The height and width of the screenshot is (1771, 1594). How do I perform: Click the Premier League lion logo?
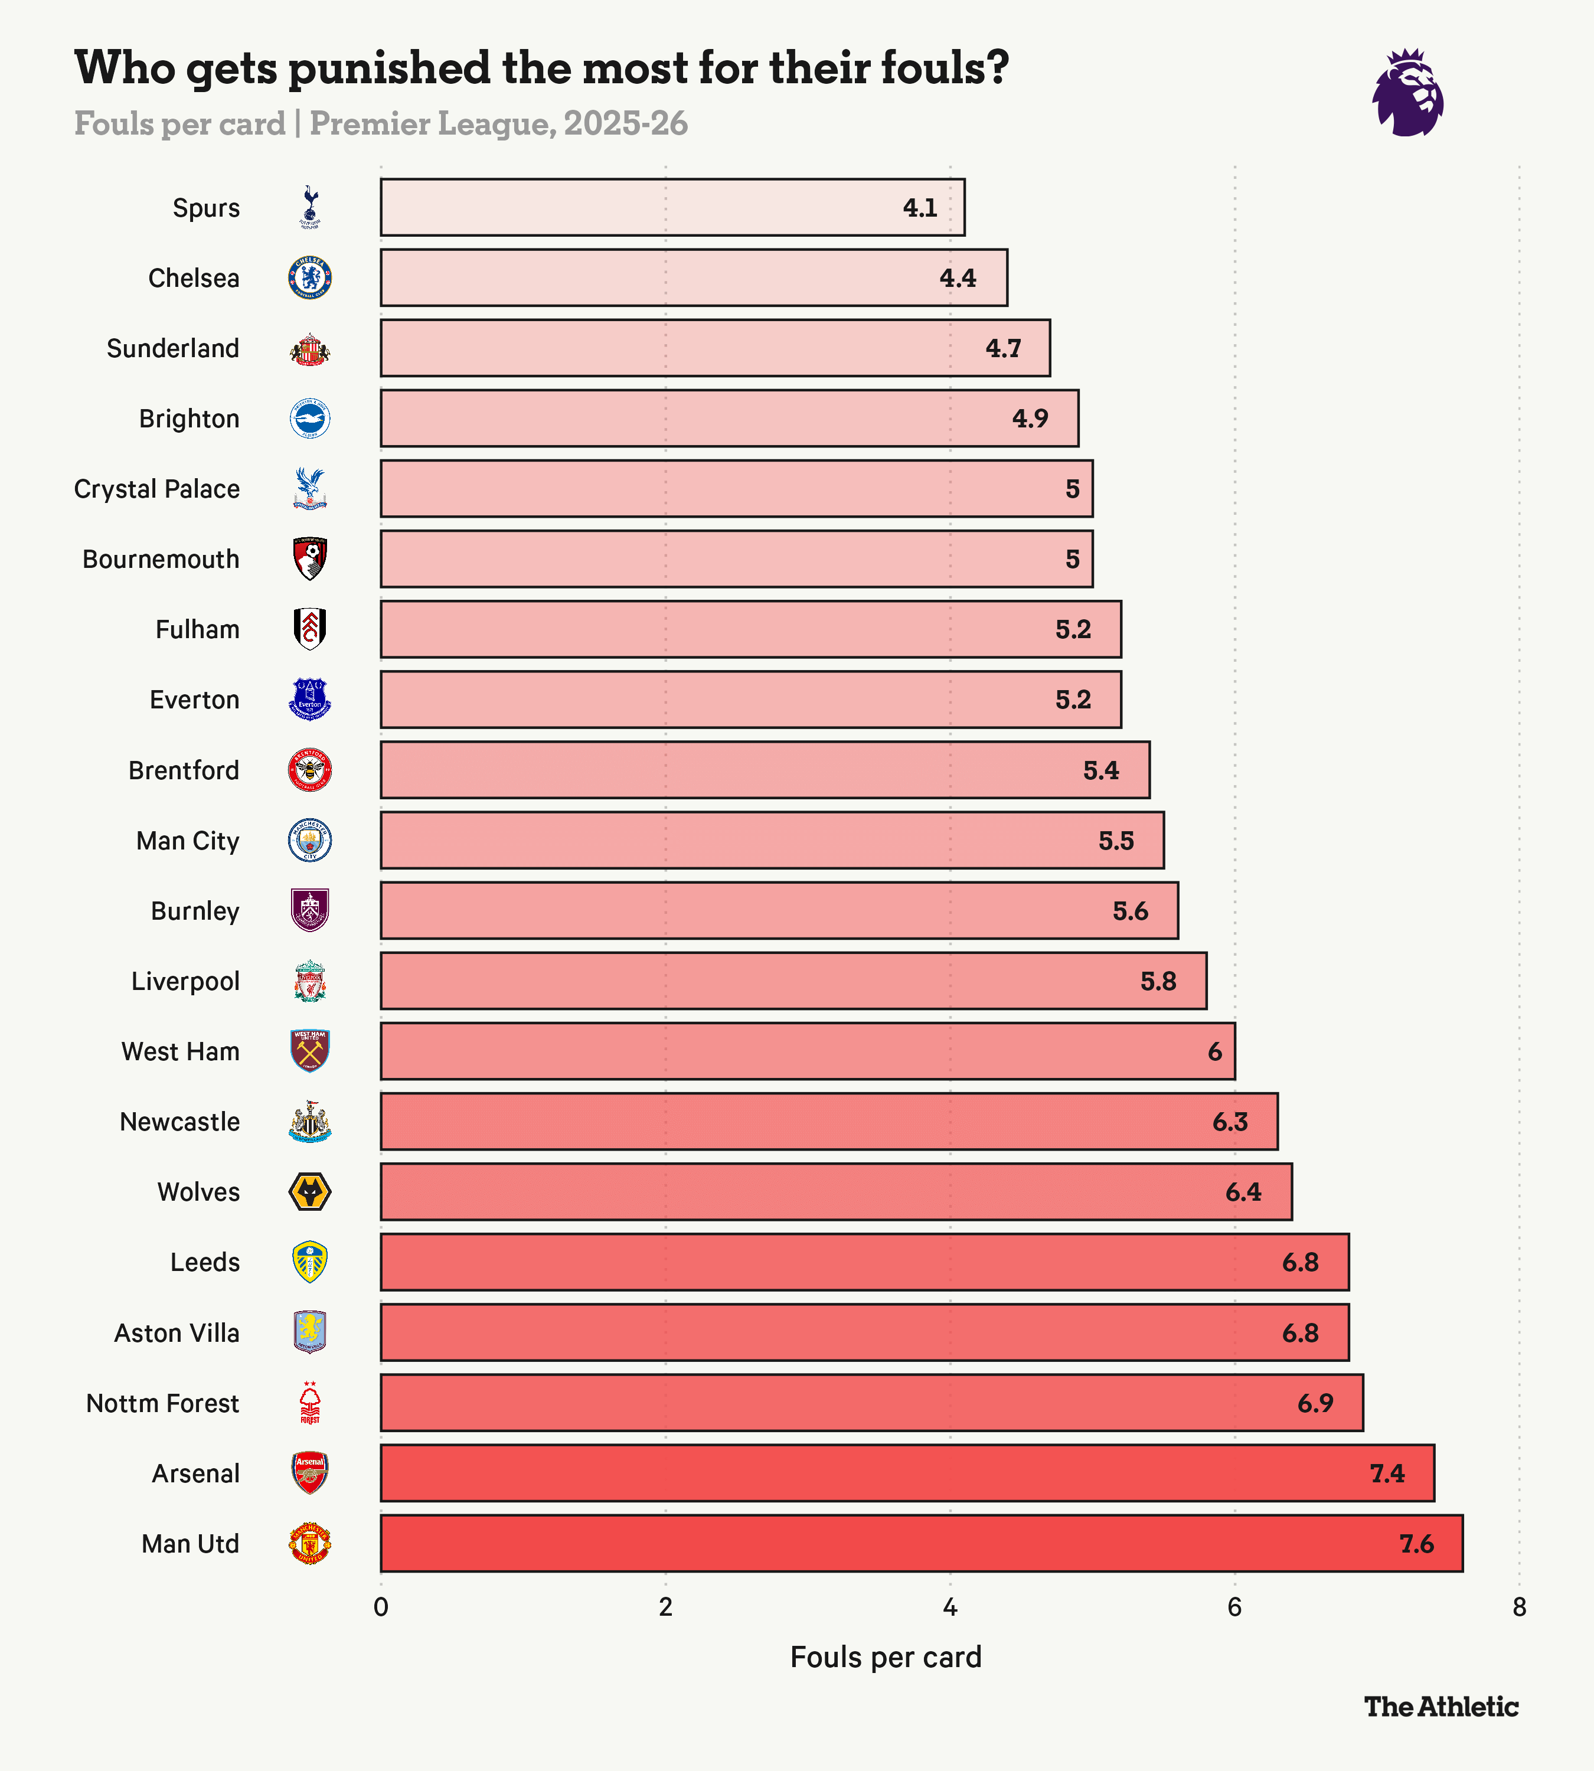pyautogui.click(x=1407, y=93)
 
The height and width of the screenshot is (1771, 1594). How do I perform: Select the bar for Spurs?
pyautogui.click(x=672, y=208)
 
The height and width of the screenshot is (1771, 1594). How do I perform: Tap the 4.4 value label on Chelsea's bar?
pyautogui.click(x=957, y=279)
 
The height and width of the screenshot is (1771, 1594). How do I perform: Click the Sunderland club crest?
pyautogui.click(x=310, y=349)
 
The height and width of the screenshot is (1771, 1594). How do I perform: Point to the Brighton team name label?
pyautogui.click(x=189, y=419)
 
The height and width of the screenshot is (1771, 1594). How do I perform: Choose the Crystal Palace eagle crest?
pyautogui.click(x=310, y=489)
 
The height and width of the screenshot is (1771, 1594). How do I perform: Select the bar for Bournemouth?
pyautogui.click(x=736, y=559)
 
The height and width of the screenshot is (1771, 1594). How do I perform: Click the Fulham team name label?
pyautogui.click(x=197, y=630)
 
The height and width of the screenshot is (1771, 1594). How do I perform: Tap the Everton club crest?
pyautogui.click(x=310, y=700)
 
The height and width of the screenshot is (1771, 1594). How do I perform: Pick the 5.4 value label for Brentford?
pyautogui.click(x=1101, y=771)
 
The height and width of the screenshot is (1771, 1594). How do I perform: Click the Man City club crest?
pyautogui.click(x=310, y=841)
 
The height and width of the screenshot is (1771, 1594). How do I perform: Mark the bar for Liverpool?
pyautogui.click(x=793, y=981)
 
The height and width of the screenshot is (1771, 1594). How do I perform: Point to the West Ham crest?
pyautogui.click(x=310, y=1051)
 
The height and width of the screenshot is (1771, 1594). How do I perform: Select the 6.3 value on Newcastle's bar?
pyautogui.click(x=1230, y=1122)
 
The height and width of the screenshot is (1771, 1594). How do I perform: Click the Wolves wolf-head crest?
pyautogui.click(x=310, y=1192)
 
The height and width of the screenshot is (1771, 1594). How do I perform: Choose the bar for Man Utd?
pyautogui.click(x=920, y=1543)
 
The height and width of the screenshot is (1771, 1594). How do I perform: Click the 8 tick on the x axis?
pyautogui.click(x=1518, y=1607)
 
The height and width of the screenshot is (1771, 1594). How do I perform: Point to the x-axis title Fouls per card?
pyautogui.click(x=886, y=1657)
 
